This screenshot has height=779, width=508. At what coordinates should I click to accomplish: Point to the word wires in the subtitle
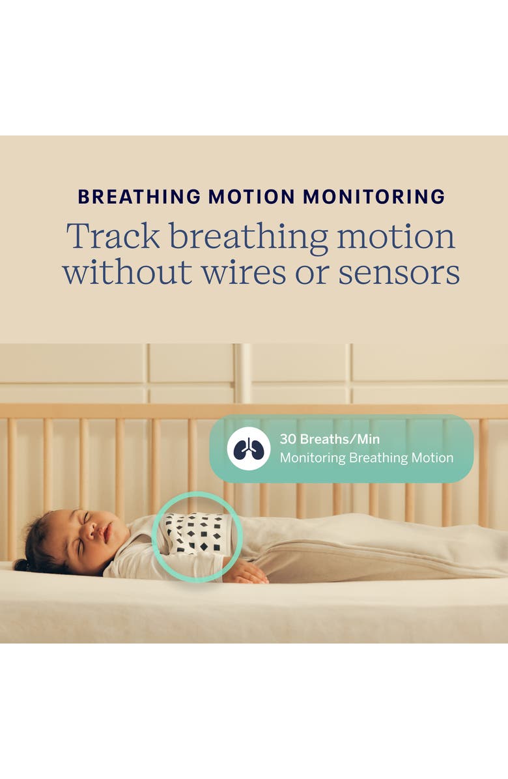pyautogui.click(x=244, y=273)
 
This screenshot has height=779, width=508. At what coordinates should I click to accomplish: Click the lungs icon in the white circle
pyautogui.click(x=248, y=449)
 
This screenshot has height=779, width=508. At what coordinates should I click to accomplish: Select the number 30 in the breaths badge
pyautogui.click(x=287, y=439)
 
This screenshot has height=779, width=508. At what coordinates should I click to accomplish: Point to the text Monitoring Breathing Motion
pyautogui.click(x=366, y=458)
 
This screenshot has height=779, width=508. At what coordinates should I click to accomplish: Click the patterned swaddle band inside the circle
pyautogui.click(x=198, y=533)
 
